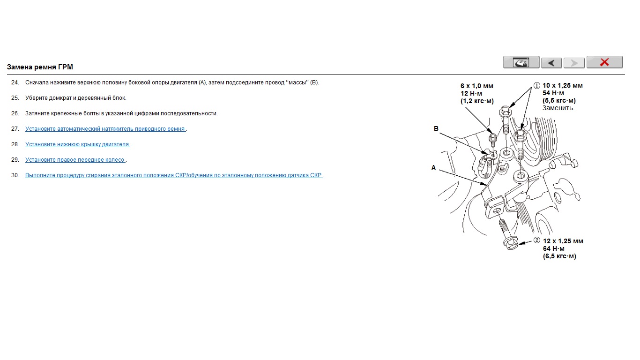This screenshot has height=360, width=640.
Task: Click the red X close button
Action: click(x=604, y=62)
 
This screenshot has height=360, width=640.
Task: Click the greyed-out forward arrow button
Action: click(x=574, y=63)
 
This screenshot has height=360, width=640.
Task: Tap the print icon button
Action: click(x=521, y=62)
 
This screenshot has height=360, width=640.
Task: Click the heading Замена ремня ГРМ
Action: click(x=40, y=67)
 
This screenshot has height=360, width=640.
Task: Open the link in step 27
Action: click(x=105, y=129)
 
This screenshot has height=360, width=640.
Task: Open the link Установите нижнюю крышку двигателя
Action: click(x=78, y=144)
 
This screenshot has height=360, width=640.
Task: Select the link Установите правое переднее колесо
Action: click(x=75, y=159)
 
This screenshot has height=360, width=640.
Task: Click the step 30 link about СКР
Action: click(x=174, y=175)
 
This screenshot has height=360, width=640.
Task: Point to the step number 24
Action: click(x=15, y=82)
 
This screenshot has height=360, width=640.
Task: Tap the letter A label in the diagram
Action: click(x=433, y=167)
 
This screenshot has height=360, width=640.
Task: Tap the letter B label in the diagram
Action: click(x=436, y=128)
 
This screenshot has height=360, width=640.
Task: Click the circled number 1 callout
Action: click(x=536, y=85)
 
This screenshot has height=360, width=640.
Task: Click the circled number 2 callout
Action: click(x=536, y=240)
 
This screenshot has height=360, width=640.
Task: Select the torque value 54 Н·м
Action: click(x=553, y=93)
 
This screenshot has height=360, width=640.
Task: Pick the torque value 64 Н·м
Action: click(x=554, y=248)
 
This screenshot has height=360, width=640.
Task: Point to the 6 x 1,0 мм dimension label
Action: click(x=477, y=86)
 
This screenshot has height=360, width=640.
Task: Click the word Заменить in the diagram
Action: click(x=558, y=108)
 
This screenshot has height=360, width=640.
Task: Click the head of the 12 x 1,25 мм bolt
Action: click(x=511, y=243)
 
